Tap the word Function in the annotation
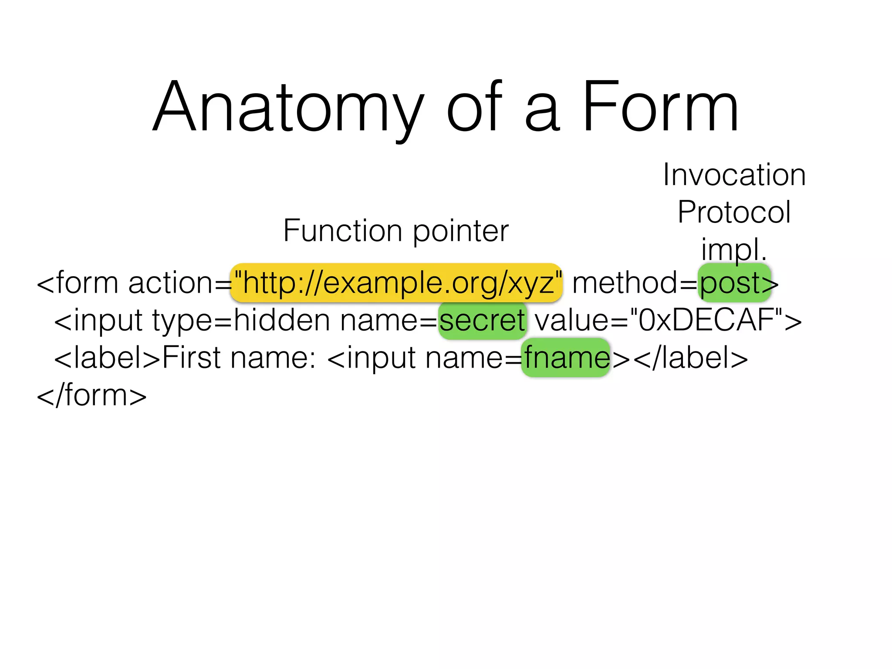(342, 230)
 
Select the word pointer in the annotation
(460, 231)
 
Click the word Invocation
(734, 175)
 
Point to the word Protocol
(734, 212)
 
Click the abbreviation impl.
(733, 250)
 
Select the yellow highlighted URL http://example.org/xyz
(396, 283)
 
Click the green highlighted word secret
(482, 321)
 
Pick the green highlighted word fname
(566, 358)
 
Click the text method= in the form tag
(634, 283)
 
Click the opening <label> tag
(107, 358)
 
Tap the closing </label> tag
(690, 358)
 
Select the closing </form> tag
(91, 395)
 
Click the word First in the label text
(192, 358)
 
